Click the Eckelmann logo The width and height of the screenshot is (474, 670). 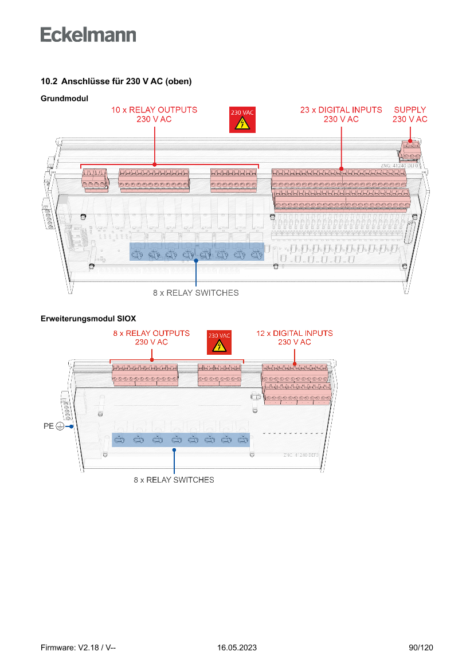coord(88,34)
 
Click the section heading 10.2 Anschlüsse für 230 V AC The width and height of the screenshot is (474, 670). coord(116,82)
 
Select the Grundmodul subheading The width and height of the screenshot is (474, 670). coord(64,99)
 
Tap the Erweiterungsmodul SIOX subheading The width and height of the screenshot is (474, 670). coord(88,318)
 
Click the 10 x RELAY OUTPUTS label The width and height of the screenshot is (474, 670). coord(154,114)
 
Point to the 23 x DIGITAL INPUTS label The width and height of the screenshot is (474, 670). coord(341,114)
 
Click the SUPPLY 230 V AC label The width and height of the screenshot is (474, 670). coord(410,114)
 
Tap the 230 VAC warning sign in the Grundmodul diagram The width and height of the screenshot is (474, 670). coord(242,120)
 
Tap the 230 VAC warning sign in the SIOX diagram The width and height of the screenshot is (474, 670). coord(219,342)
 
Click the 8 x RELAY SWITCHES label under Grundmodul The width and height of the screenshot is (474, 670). coord(195,293)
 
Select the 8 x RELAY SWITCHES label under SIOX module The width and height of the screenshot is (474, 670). coord(174,480)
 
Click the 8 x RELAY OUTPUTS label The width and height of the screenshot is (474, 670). coord(151,338)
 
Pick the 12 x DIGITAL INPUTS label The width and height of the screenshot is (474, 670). coord(295,338)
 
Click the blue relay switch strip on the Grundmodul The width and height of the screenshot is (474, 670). coord(197,253)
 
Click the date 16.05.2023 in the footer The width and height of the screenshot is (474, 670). coord(237,648)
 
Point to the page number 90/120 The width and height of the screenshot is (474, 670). coord(421,648)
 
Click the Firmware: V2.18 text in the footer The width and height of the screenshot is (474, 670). coord(79,648)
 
